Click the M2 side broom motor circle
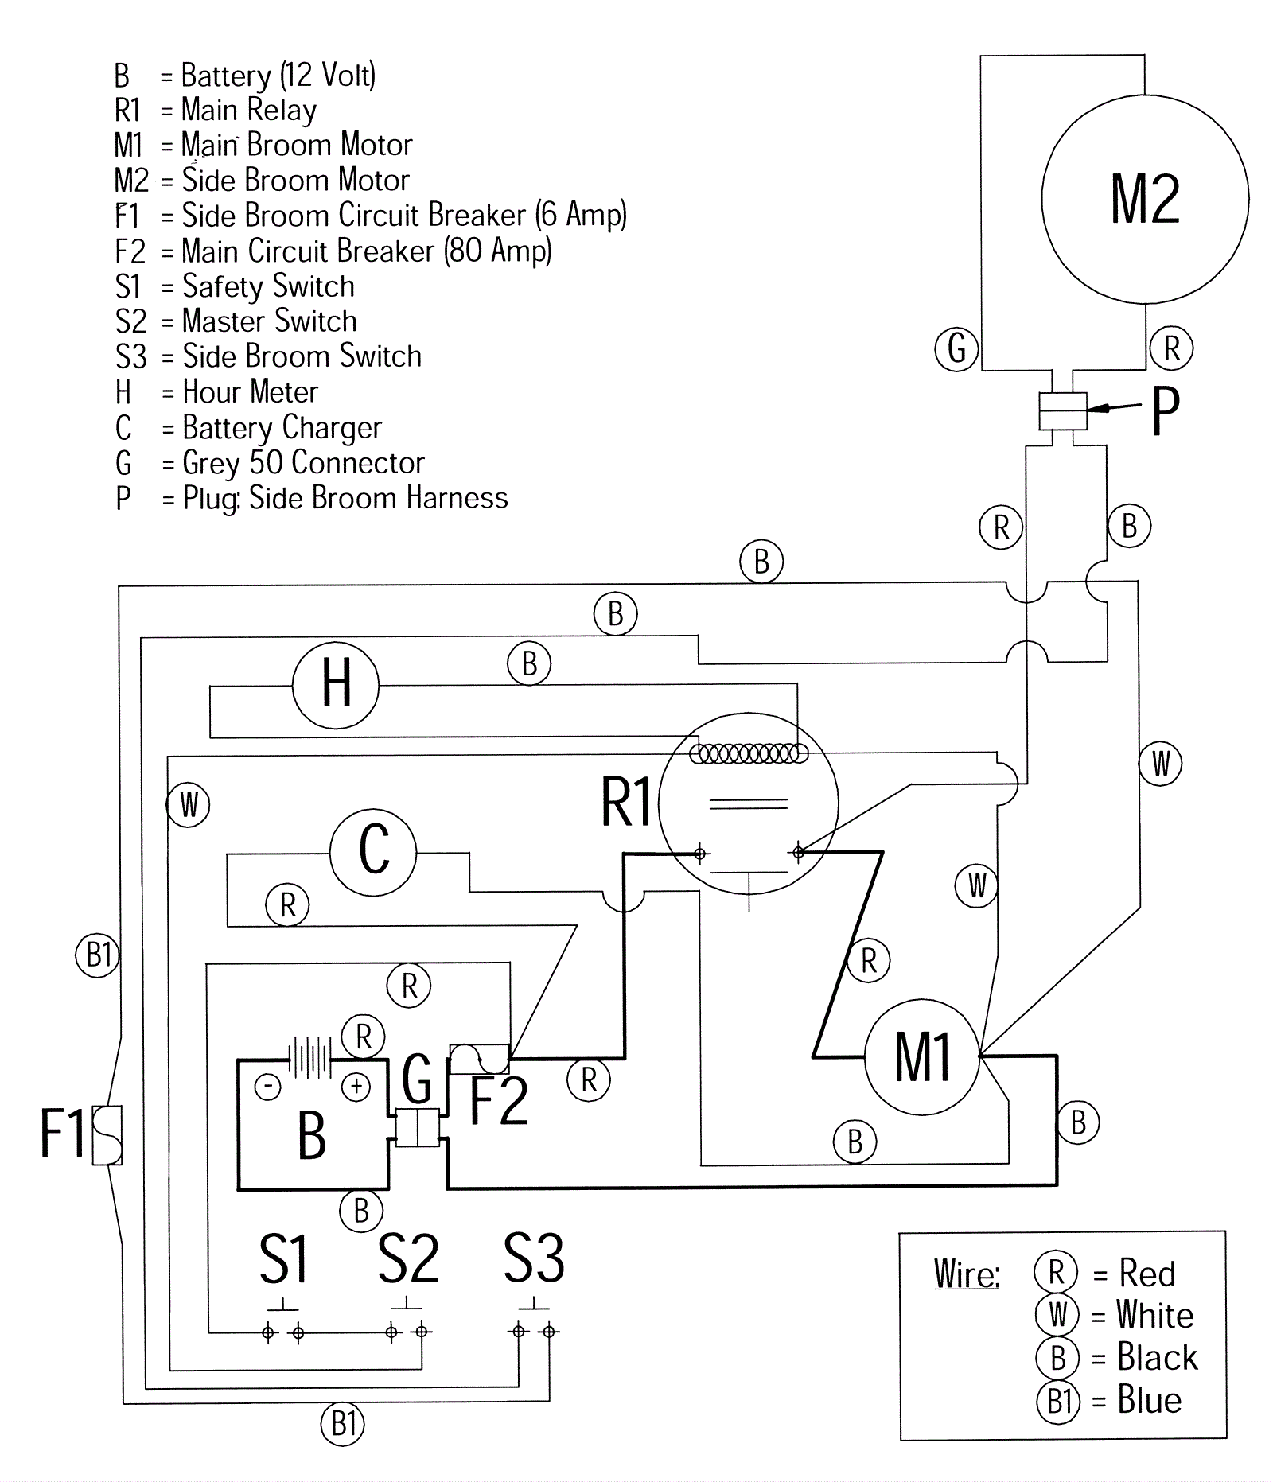tap(1144, 199)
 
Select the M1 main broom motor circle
tap(922, 1057)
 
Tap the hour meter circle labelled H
tap(336, 685)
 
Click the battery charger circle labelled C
tap(373, 852)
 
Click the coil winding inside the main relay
tap(749, 753)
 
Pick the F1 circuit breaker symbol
tap(107, 1135)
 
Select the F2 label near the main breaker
tap(499, 1101)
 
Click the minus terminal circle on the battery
tap(268, 1087)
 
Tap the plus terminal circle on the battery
tap(356, 1087)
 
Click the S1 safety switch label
tap(283, 1259)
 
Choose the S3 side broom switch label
tap(534, 1259)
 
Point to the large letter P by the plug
tap(1166, 411)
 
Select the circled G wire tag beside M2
tap(957, 348)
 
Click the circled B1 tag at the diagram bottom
tap(343, 1423)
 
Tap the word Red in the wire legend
tap(1146, 1273)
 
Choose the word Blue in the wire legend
tap(1149, 1399)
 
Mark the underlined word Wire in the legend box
tap(966, 1274)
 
